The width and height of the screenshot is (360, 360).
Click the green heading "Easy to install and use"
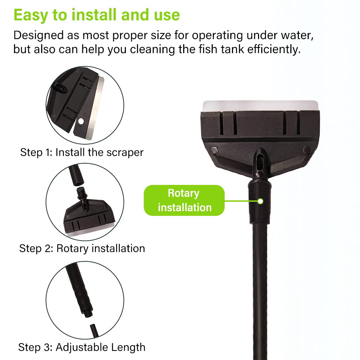click(97, 15)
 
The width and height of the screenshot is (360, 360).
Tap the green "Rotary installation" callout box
click(184, 200)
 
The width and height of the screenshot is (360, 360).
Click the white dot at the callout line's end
click(260, 201)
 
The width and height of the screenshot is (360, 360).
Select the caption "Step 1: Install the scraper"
click(82, 153)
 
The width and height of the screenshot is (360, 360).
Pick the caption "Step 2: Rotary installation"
click(82, 249)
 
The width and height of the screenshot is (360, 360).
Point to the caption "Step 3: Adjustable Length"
click(82, 347)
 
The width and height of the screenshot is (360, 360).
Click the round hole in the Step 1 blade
click(81, 121)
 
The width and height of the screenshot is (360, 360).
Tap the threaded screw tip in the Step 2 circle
click(82, 193)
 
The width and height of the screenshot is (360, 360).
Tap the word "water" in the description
click(296, 36)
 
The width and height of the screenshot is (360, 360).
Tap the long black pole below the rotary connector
click(259, 281)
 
